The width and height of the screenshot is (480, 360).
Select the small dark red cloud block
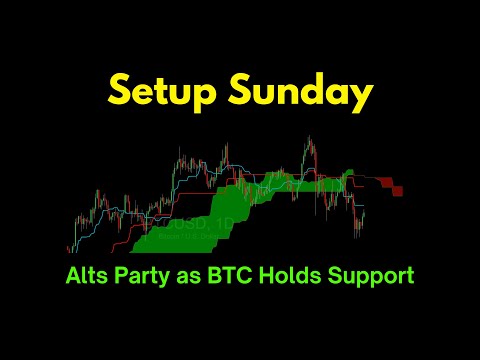(x=397, y=189)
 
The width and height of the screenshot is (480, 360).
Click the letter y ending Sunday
(x=363, y=96)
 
